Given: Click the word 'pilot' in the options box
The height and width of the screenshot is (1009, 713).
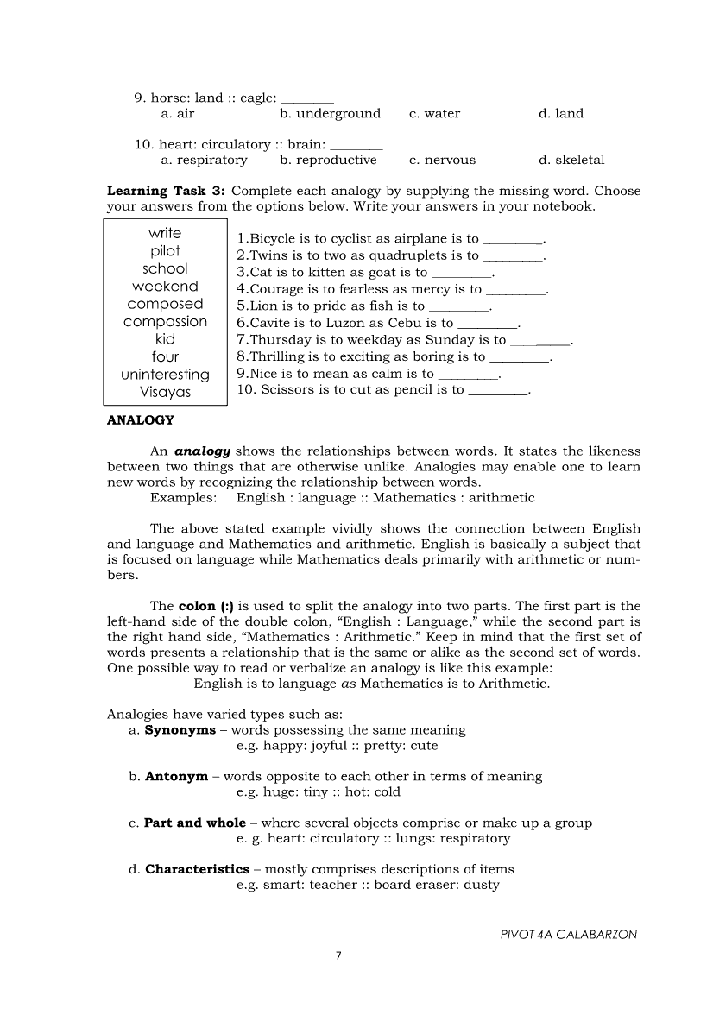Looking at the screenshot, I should (165, 251).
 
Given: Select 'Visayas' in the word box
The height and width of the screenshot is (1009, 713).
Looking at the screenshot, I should (165, 392).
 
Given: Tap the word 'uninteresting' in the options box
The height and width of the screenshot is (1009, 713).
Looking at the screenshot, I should (165, 375).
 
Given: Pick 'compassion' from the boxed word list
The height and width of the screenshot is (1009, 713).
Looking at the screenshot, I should (165, 322).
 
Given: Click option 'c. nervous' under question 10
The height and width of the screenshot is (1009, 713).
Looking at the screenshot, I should (442, 160).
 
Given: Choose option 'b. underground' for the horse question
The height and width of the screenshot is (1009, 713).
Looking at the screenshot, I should (330, 113).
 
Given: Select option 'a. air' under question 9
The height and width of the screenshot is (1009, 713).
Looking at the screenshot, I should (178, 113).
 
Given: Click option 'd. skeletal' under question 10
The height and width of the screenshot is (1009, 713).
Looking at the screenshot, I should (571, 160).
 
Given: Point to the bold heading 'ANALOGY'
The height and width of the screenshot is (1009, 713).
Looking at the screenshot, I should (140, 420).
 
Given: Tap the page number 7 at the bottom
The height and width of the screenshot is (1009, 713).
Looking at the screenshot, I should (339, 955).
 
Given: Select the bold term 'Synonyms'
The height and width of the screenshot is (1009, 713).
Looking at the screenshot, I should (180, 730).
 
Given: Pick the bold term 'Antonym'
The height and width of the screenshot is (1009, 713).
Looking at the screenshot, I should (176, 776).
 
